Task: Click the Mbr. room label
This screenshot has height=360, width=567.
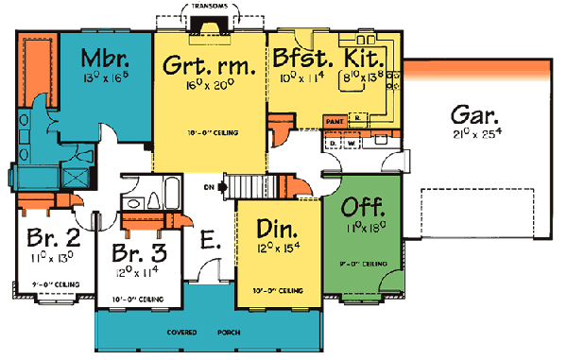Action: [x=105, y=55]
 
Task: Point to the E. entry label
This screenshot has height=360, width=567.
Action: [x=210, y=242]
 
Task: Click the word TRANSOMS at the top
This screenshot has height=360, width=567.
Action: [x=207, y=5]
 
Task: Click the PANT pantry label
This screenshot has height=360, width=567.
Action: [x=333, y=122]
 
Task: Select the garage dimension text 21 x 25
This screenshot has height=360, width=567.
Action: [x=474, y=135]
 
